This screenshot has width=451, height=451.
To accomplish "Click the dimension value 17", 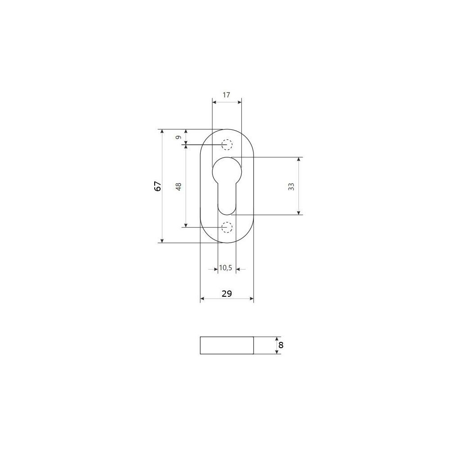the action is click(226, 95).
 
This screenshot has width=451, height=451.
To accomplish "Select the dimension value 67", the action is click(157, 186).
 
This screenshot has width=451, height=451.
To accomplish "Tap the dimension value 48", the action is click(178, 187).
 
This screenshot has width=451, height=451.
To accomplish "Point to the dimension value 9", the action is click(178, 138).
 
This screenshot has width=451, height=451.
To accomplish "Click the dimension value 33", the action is click(291, 187).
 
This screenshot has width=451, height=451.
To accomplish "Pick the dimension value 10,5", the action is click(225, 268).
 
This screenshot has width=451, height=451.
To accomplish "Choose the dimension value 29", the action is click(227, 294).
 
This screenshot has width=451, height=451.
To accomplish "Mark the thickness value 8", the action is click(281, 345).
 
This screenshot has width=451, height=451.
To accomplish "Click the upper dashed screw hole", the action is click(227, 145).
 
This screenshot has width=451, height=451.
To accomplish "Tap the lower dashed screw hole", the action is click(227, 227).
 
